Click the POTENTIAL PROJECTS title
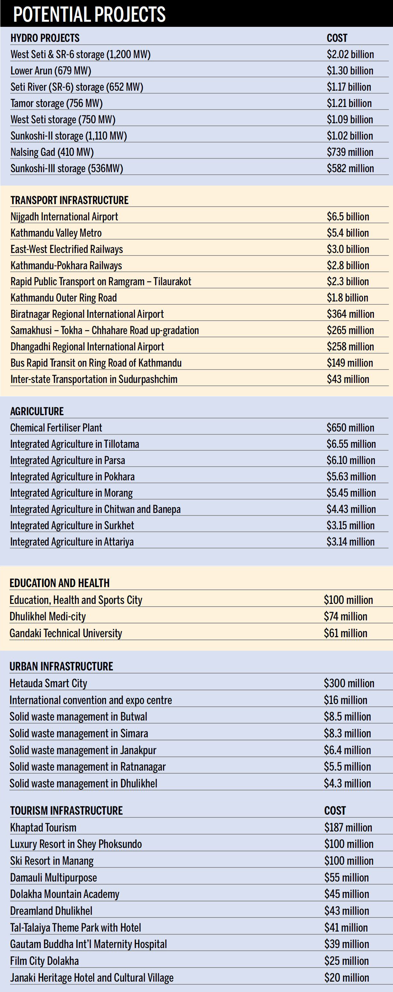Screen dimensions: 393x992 [89, 14]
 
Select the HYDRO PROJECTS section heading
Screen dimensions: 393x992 [45, 38]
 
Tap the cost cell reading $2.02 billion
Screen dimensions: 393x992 [350, 54]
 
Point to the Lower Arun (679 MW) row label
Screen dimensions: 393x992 [51, 71]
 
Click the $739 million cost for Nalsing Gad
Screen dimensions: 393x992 [350, 152]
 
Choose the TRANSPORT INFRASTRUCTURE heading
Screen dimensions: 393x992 [69, 200]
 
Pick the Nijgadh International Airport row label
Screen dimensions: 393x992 [64, 217]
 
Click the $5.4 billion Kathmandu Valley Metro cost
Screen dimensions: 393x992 [348, 233]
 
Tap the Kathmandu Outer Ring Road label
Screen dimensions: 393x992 [64, 298]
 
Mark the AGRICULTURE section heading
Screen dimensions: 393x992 [37, 411]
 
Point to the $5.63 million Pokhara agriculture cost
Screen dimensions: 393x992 [351, 477]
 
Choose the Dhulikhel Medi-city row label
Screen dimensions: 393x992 [47, 616]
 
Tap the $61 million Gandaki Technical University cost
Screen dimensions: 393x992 [345, 633]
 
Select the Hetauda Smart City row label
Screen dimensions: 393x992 [48, 683]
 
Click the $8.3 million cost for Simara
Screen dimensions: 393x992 [347, 733]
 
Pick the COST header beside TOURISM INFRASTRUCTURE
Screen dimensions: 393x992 [335, 811]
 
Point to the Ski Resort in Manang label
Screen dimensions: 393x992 [52, 861]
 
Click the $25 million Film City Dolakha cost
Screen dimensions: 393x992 [346, 961]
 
